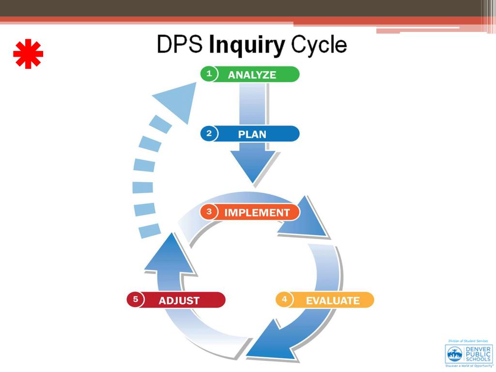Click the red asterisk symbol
coord(28,54)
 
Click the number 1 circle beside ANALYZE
coord(209,74)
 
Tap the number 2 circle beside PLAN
coord(209,134)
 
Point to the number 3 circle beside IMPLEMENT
coord(209,212)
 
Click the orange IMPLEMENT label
coord(257,213)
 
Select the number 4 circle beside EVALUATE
coord(284,300)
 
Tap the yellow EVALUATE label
coord(332,300)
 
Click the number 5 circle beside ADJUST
coord(136,300)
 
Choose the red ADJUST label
coord(179,300)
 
